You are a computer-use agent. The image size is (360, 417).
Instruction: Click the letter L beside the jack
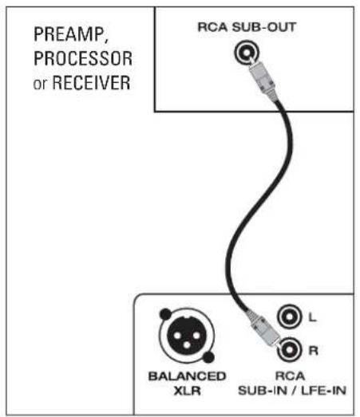312,318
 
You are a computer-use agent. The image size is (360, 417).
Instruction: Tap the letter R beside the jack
312,348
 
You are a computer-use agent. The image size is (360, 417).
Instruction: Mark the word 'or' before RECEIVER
42,83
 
